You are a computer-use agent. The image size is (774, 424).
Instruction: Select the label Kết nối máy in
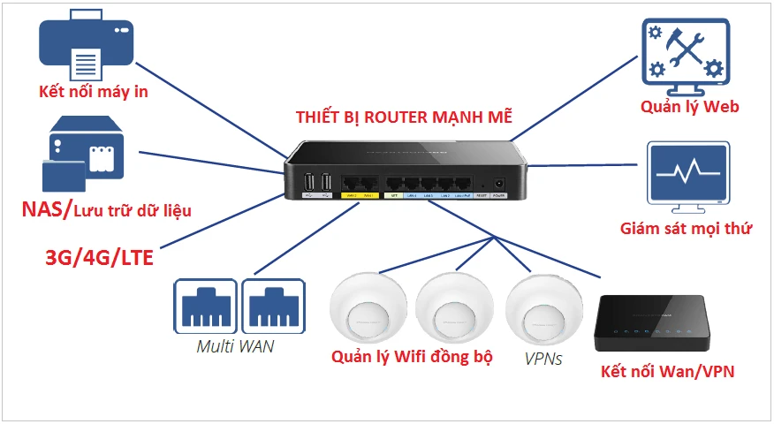click(93, 92)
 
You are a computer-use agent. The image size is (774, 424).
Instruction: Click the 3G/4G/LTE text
click(100, 258)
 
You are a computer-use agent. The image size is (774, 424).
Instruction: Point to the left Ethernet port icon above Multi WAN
click(205, 305)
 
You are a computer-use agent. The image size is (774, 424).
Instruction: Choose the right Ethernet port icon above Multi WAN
click(273, 305)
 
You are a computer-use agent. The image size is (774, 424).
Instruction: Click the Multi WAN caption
click(235, 346)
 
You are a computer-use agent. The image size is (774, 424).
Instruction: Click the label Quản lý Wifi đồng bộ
click(412, 357)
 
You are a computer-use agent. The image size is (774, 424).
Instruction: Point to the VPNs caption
click(543, 360)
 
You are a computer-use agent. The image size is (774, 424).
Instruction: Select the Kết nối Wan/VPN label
click(667, 371)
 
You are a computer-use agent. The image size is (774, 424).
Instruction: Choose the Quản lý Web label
click(690, 107)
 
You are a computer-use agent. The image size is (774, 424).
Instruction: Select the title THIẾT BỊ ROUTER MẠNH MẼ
click(403, 117)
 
